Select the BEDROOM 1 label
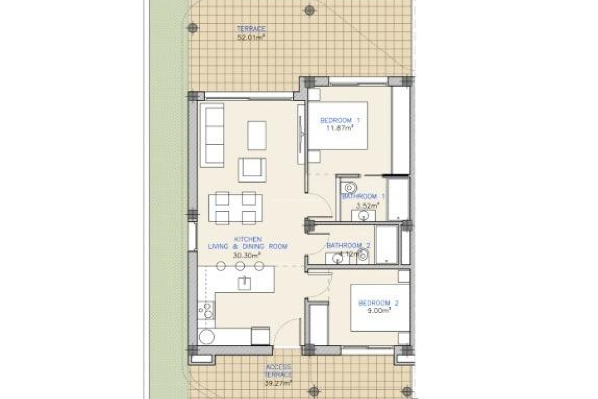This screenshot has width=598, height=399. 340,120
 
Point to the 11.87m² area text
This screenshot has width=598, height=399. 340,128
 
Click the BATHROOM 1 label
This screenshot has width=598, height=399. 363,197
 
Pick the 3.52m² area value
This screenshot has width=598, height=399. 368,205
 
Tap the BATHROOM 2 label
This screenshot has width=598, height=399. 348,246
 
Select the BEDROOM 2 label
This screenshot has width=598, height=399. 378,303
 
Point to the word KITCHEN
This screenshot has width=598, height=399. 248,239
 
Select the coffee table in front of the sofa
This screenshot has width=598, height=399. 257,135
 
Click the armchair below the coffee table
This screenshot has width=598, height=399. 252,170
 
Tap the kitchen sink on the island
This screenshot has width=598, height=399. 244,283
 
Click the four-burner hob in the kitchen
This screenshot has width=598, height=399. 206,310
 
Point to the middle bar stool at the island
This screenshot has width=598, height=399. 240,266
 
